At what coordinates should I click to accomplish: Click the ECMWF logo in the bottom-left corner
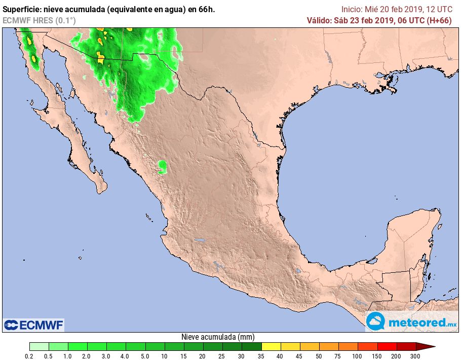(x=33, y=325)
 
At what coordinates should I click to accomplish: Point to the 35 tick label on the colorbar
(x=261, y=356)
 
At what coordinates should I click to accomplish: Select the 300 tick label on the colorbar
(x=416, y=356)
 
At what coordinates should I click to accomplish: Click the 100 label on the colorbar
(x=358, y=356)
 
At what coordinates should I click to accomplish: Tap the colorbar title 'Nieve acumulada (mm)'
(x=218, y=337)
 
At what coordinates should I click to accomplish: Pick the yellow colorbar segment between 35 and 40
(x=271, y=347)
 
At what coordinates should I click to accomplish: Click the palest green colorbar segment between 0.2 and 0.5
(x=40, y=347)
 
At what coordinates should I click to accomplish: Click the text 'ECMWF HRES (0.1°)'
(x=39, y=20)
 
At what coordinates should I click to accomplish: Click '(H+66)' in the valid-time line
(x=440, y=20)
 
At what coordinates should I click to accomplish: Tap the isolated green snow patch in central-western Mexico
(x=162, y=166)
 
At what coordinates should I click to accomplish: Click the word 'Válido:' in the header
(x=319, y=20)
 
